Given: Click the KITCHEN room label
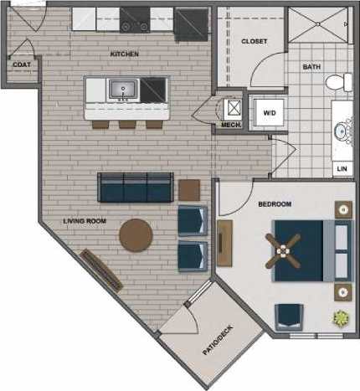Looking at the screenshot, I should tap(124, 54).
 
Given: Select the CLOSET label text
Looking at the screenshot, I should tap(254, 41).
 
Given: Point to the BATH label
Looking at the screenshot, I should tap(311, 66).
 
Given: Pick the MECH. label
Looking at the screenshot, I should tap(230, 126).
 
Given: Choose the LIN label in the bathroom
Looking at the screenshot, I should tap(341, 169).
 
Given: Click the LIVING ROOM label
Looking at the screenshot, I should tap(85, 221).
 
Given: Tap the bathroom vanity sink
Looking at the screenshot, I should tap(343, 131).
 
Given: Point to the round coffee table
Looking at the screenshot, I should tap(136, 235).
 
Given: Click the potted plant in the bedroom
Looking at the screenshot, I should tap(341, 318).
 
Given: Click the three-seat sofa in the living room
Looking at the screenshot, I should tap(135, 188).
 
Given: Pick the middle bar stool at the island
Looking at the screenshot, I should tap(126, 123).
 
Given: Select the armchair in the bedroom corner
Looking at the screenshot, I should tap(290, 316).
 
